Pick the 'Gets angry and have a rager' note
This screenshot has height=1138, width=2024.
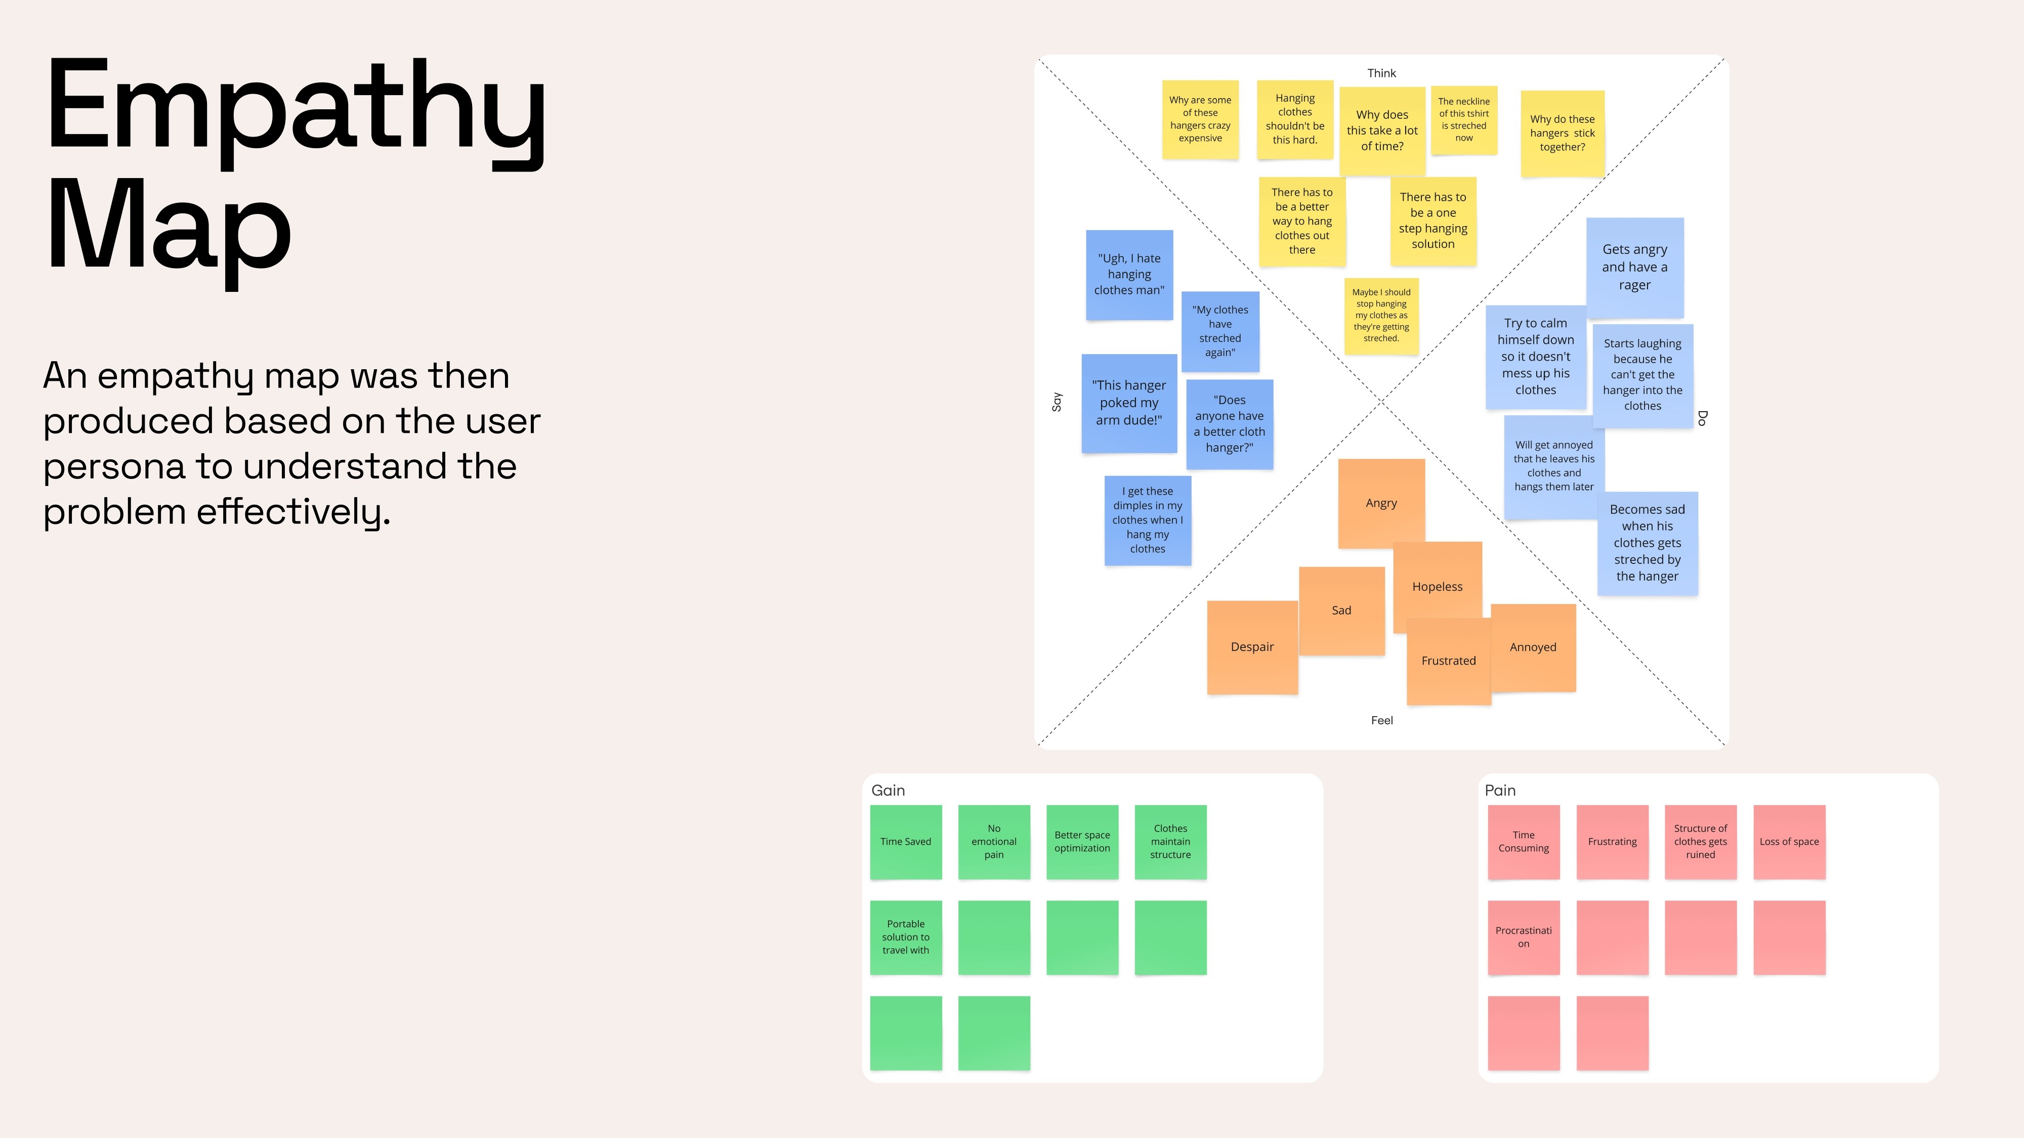1634,267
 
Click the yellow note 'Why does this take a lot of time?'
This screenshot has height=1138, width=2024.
1382,130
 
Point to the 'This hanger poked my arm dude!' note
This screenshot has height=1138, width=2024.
1128,403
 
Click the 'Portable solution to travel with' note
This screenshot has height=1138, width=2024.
905,937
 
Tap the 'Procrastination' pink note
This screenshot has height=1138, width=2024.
1524,937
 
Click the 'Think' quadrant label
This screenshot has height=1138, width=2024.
1381,73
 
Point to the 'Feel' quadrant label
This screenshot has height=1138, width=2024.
1381,720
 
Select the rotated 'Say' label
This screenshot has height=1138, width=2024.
1057,402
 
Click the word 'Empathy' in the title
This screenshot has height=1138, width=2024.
296,106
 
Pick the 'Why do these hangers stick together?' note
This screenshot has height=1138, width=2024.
1562,133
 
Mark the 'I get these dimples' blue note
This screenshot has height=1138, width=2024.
1147,520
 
